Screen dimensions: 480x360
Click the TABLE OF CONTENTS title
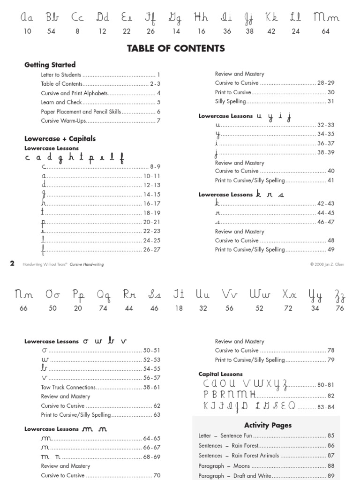(176, 48)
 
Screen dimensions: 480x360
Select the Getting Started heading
(50, 65)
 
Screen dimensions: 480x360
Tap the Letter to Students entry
(61, 75)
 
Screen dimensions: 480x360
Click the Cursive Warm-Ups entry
(61, 120)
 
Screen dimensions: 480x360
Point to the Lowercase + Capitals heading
(60, 138)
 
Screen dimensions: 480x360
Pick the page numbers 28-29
(326, 83)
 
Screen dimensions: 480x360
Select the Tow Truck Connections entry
(68, 387)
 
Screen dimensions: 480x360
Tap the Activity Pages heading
(268, 425)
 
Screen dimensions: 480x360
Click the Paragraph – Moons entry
(224, 466)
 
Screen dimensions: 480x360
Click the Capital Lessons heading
(220, 374)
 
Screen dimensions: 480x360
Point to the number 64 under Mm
(326, 31)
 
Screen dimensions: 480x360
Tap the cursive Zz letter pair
(340, 295)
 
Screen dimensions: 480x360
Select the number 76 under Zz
(340, 308)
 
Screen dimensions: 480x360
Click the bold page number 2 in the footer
(13, 264)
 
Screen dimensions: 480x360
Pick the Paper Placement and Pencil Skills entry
(81, 112)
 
